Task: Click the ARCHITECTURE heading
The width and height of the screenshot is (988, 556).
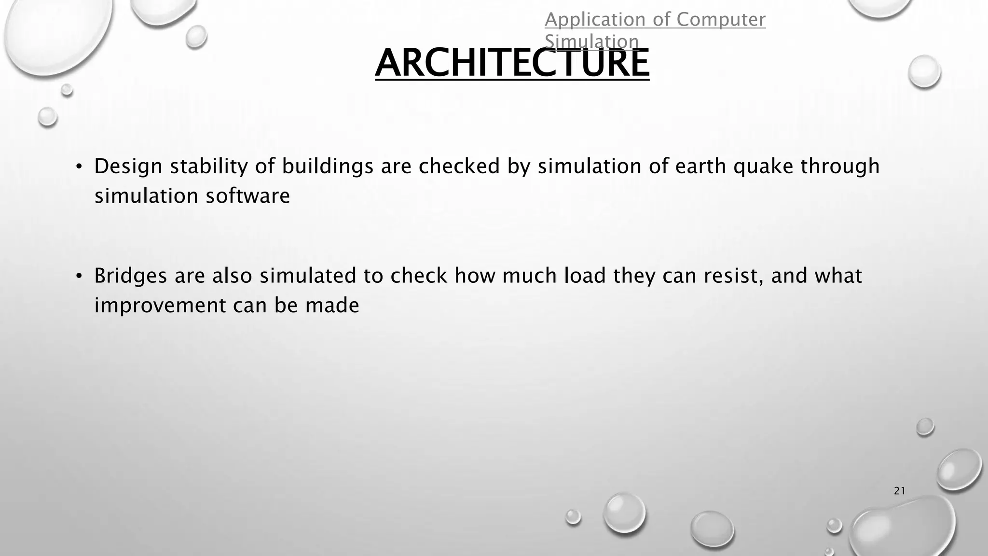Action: click(512, 63)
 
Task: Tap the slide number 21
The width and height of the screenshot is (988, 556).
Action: click(899, 491)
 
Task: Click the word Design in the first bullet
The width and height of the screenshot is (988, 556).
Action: click(128, 167)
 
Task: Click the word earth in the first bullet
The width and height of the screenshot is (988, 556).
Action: click(700, 167)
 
